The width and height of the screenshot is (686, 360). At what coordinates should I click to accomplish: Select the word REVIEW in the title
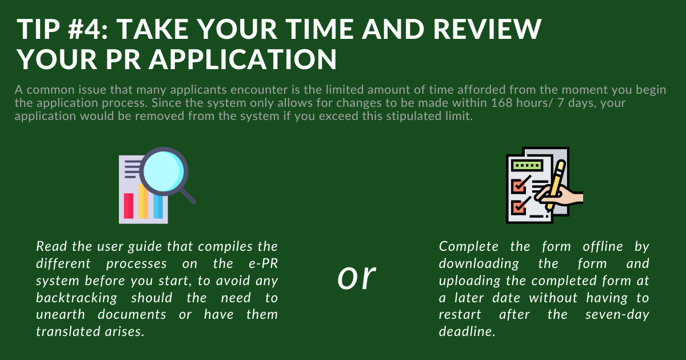488,29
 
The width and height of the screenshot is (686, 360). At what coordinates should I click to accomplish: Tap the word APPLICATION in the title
243,59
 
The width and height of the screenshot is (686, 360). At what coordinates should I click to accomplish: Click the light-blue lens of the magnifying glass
163,171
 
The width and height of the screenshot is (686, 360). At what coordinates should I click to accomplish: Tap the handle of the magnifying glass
188,195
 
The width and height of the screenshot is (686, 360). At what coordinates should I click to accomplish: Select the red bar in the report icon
129,206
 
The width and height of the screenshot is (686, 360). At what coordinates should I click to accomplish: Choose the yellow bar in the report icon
143,201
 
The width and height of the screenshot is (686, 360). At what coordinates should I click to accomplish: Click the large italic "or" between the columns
357,277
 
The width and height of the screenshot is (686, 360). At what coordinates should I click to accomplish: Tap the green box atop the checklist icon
527,166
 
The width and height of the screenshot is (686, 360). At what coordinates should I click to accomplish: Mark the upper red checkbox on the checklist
519,186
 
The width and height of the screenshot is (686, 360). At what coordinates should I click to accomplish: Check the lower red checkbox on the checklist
519,207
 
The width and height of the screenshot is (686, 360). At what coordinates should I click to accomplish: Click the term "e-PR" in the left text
264,264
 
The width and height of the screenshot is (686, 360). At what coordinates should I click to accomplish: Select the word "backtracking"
77,298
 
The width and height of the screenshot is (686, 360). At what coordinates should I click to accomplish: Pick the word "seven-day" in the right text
617,315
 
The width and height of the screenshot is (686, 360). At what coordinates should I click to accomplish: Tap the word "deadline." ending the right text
467,331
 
